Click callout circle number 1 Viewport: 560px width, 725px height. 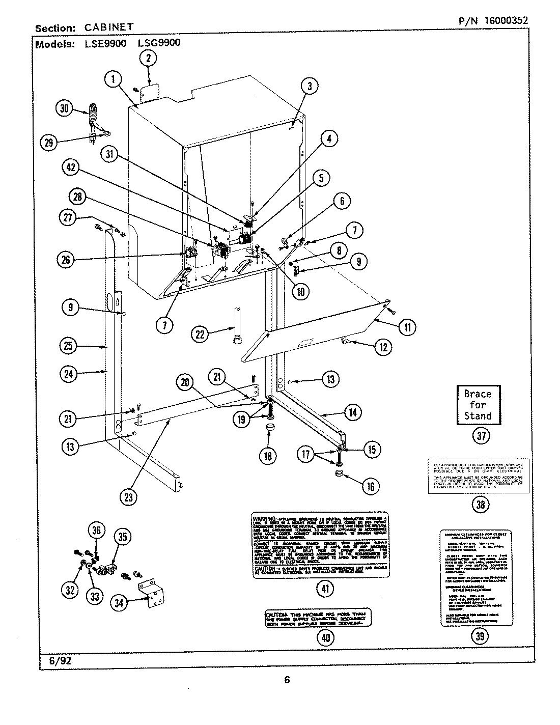point(114,79)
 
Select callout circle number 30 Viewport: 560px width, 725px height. point(64,108)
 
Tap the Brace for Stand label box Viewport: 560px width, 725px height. point(477,405)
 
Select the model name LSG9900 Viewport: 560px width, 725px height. point(159,43)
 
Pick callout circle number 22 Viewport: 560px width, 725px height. point(201,334)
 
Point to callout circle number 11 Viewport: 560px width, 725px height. point(407,327)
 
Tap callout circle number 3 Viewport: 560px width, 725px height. point(309,87)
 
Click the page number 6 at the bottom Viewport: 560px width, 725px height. point(287,680)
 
